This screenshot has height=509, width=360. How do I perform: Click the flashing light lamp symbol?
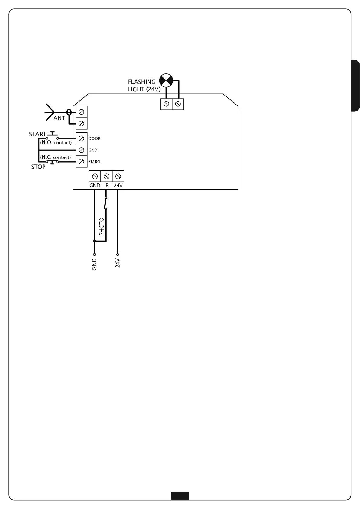166,80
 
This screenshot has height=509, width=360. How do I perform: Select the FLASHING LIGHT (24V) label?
144,86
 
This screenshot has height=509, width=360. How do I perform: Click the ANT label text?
59,118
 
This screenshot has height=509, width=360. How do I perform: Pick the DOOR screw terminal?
81,138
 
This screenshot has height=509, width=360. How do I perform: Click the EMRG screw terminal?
81,162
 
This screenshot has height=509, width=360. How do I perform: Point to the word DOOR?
94,138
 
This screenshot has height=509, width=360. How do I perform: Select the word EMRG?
94,162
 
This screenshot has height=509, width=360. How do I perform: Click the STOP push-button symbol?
53,162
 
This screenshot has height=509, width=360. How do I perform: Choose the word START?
37,134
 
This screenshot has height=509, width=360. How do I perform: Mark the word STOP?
38,167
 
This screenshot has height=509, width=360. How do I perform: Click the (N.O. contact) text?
56,142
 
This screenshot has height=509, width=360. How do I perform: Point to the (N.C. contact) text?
55,157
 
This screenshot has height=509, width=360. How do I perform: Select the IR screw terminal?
106,176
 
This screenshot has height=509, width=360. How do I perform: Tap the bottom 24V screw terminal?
118,176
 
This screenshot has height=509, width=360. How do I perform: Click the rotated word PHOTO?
102,226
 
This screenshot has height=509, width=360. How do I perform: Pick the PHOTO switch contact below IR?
105,203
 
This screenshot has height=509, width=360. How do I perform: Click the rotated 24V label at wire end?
118,263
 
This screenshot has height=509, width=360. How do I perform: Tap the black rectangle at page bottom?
180,496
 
